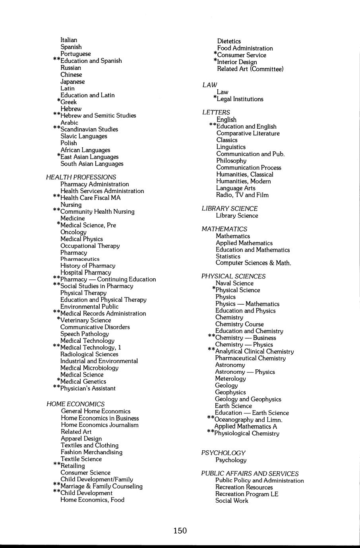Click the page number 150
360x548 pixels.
point(180,531)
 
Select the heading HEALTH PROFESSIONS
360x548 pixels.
point(81,177)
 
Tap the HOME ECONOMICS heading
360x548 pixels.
point(75,404)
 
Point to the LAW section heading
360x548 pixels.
point(209,85)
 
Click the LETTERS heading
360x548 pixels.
point(216,112)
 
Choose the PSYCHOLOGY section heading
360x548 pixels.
point(223,453)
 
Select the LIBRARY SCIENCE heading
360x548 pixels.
point(229,208)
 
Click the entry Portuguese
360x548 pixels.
point(75,54)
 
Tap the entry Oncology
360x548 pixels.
point(73,232)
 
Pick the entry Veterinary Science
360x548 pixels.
point(85,320)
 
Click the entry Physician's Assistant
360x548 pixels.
point(88,388)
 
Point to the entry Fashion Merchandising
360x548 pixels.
point(91,452)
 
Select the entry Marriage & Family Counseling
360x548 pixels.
point(101,486)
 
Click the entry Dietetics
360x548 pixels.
point(229,41)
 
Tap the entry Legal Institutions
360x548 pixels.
point(240,99)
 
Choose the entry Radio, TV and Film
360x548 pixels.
point(242,195)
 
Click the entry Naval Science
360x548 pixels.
point(234,283)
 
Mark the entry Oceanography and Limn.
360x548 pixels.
point(248,420)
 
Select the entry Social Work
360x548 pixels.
point(232,501)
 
